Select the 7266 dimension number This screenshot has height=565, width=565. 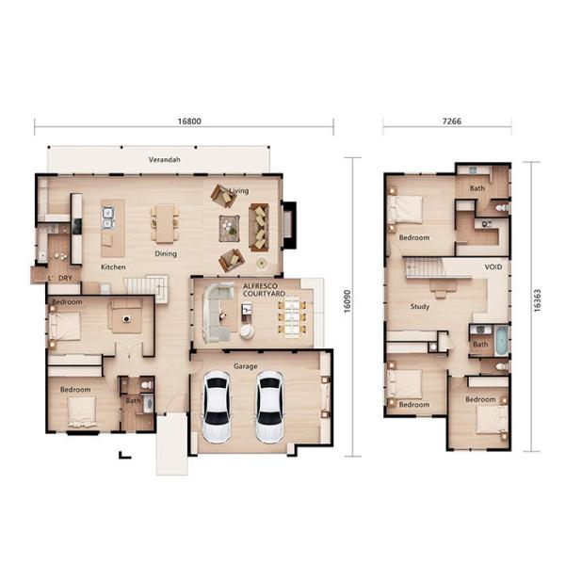[x=445, y=121]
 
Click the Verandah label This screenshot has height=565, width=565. [x=164, y=161]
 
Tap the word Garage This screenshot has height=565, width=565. [x=247, y=366]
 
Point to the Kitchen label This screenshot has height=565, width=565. [x=113, y=266]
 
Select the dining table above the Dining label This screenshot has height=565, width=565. [x=165, y=225]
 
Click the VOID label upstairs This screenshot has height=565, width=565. [x=493, y=267]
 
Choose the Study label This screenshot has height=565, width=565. [x=420, y=307]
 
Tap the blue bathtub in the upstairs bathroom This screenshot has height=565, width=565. [x=501, y=340]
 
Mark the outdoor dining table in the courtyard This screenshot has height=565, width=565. [x=292, y=316]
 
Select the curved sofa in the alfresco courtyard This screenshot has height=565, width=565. [x=217, y=311]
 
